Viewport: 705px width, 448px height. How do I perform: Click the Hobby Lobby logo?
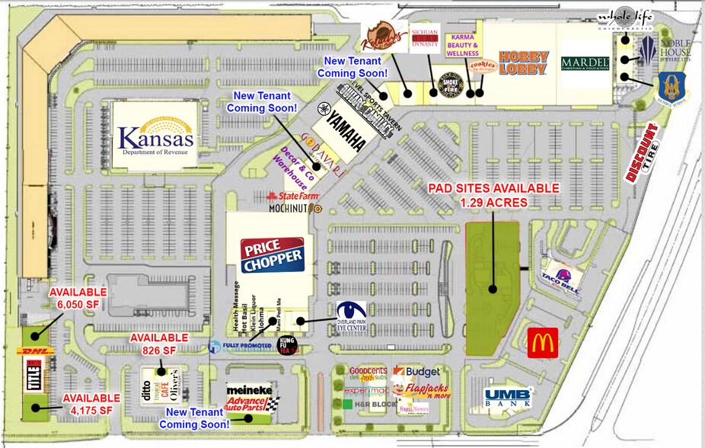(x=523, y=63)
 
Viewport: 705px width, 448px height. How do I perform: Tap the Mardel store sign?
(x=585, y=63)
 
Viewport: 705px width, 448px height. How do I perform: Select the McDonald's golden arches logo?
(x=542, y=343)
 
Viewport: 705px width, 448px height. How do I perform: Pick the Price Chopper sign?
(x=272, y=255)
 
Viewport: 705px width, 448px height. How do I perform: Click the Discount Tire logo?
(x=642, y=152)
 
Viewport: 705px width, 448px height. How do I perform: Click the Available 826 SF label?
(x=158, y=344)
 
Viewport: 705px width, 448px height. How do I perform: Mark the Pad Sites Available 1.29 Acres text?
(x=493, y=195)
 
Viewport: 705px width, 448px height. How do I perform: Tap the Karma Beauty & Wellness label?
(x=464, y=44)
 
